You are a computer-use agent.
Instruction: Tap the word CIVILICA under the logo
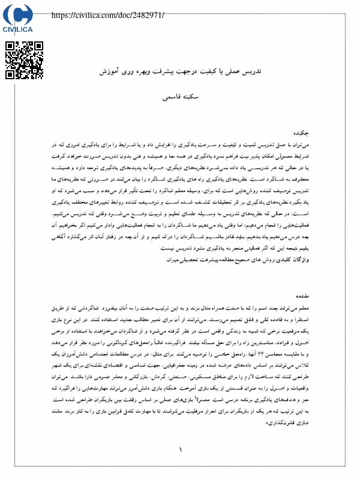(17, 28)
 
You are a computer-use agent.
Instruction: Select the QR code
(24, 60)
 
